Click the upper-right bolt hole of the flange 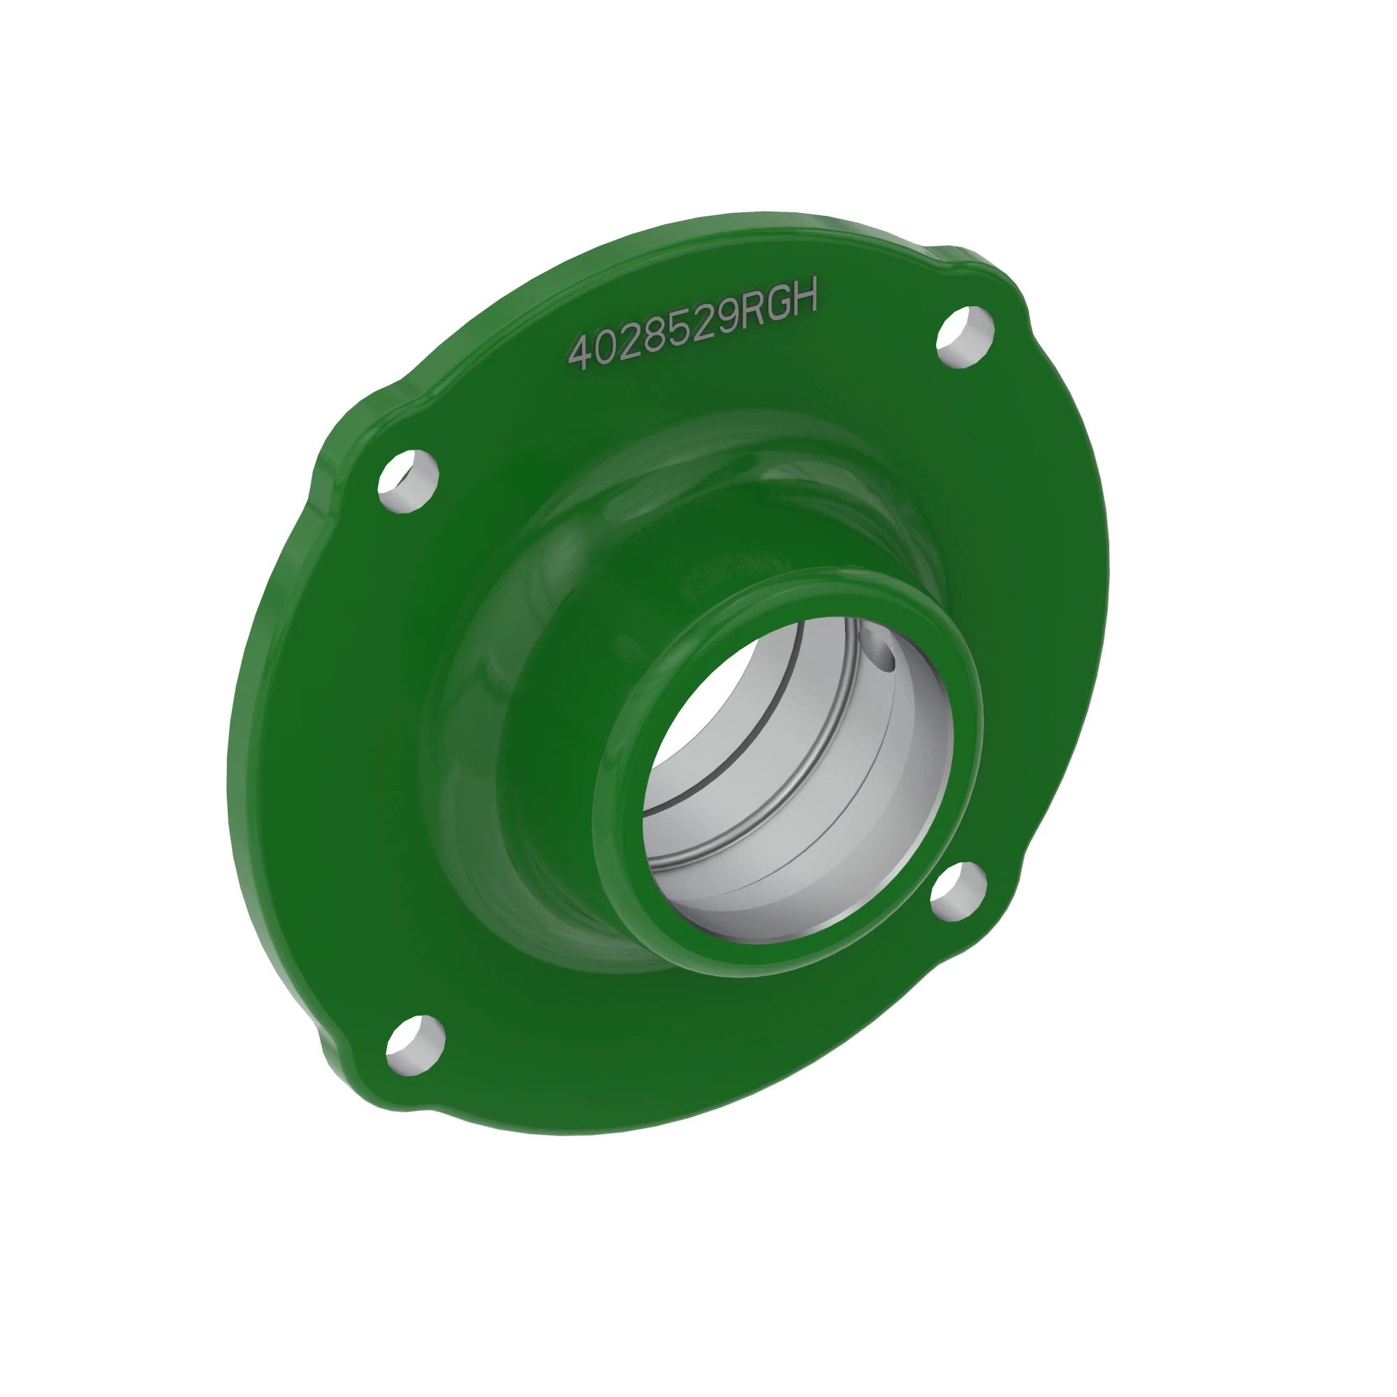point(965,337)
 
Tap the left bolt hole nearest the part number point(408,481)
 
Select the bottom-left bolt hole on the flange point(415,1046)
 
